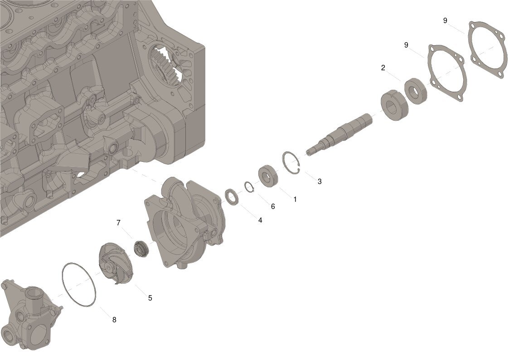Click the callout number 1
(295, 199)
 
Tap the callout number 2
(383, 68)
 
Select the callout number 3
(320, 181)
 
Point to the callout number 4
(260, 220)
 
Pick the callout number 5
(150, 298)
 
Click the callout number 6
(273, 206)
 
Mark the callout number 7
(118, 223)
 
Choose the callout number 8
(114, 320)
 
